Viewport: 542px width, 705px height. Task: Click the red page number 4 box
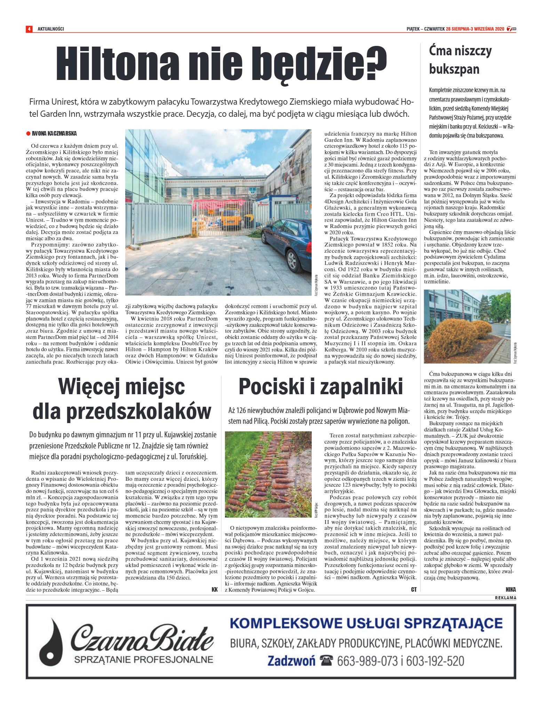[29, 29]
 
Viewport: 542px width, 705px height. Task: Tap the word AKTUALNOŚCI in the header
[51, 29]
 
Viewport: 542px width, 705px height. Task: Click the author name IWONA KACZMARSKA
[54, 133]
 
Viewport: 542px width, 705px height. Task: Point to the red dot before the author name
[28, 133]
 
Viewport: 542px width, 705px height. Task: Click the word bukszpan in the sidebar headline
[454, 69]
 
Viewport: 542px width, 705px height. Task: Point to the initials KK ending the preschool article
[214, 589]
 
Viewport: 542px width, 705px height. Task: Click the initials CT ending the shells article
[414, 589]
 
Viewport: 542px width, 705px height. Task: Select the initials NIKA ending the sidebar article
[511, 589]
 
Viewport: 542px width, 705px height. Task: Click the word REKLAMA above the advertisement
[505, 598]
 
